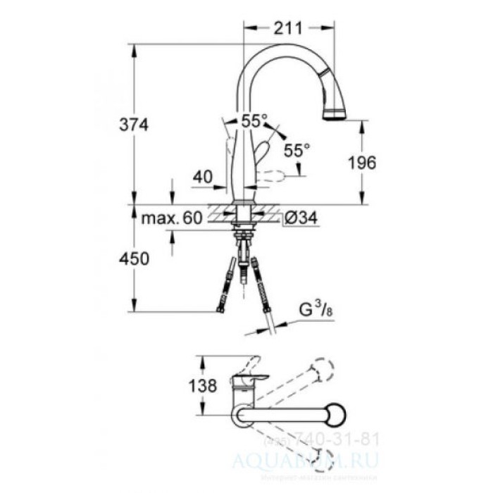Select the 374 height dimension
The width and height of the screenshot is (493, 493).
(x=135, y=125)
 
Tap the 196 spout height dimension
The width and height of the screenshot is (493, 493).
(x=363, y=162)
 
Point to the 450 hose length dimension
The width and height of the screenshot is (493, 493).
(x=135, y=258)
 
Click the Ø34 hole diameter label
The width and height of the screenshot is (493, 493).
(x=299, y=218)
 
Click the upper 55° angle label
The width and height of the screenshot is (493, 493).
(x=254, y=121)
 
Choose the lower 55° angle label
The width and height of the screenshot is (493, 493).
(x=297, y=149)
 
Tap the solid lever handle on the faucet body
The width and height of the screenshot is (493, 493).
(x=262, y=151)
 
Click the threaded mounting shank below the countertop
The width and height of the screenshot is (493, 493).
(x=244, y=239)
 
